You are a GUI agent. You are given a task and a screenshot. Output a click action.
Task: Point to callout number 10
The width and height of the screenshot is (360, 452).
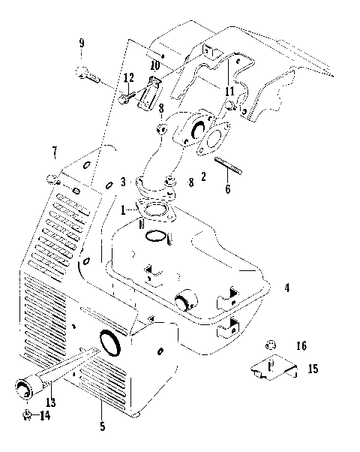(x=154, y=65)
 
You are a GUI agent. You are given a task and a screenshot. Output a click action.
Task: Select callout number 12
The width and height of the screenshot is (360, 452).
(x=129, y=78)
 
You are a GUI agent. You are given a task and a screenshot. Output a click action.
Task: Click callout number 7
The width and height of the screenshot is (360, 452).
(x=54, y=155)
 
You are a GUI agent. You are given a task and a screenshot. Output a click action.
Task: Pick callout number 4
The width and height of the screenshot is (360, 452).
(x=286, y=287)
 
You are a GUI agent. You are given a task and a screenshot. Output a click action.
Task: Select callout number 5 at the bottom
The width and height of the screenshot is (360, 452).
(x=102, y=427)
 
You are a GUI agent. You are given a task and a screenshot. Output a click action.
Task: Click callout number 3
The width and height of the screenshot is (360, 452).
(x=122, y=182)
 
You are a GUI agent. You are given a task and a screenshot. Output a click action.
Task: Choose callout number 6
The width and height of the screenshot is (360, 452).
(x=227, y=189)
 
